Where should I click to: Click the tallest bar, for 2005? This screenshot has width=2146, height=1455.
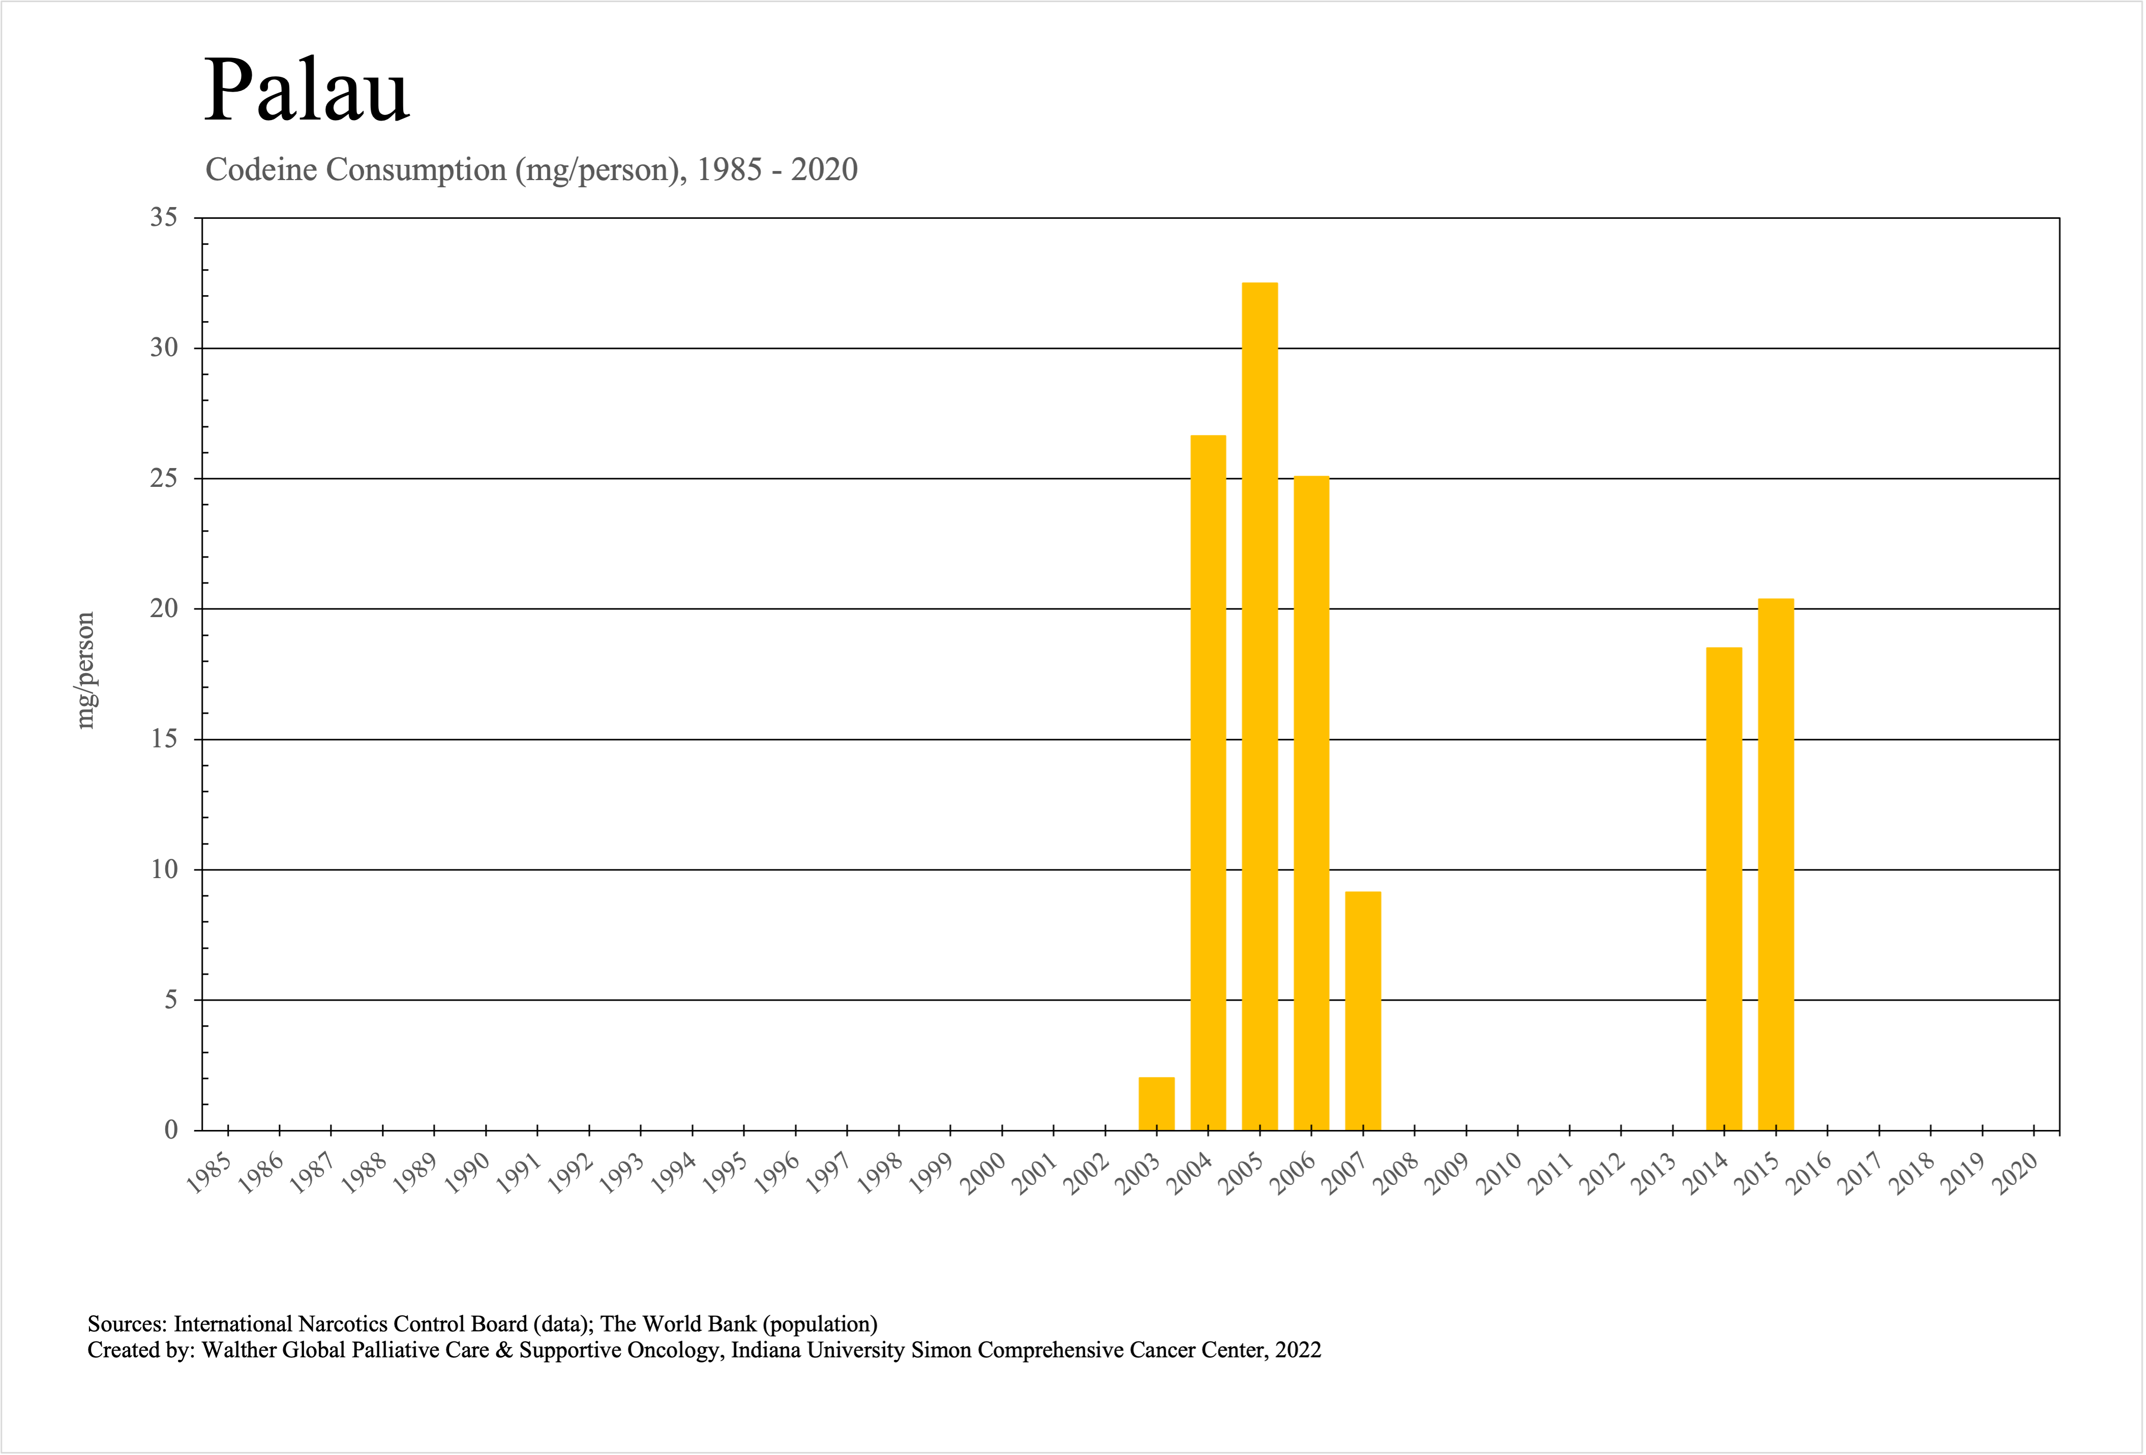coord(1259,707)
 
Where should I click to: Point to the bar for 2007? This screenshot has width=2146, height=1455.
coord(1363,1011)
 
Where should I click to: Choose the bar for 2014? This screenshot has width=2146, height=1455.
coord(1724,889)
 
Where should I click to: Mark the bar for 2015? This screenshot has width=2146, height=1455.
coord(1776,864)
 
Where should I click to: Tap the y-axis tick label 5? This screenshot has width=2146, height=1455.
coord(171,1000)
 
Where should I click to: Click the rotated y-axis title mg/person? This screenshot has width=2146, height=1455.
coord(85,670)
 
